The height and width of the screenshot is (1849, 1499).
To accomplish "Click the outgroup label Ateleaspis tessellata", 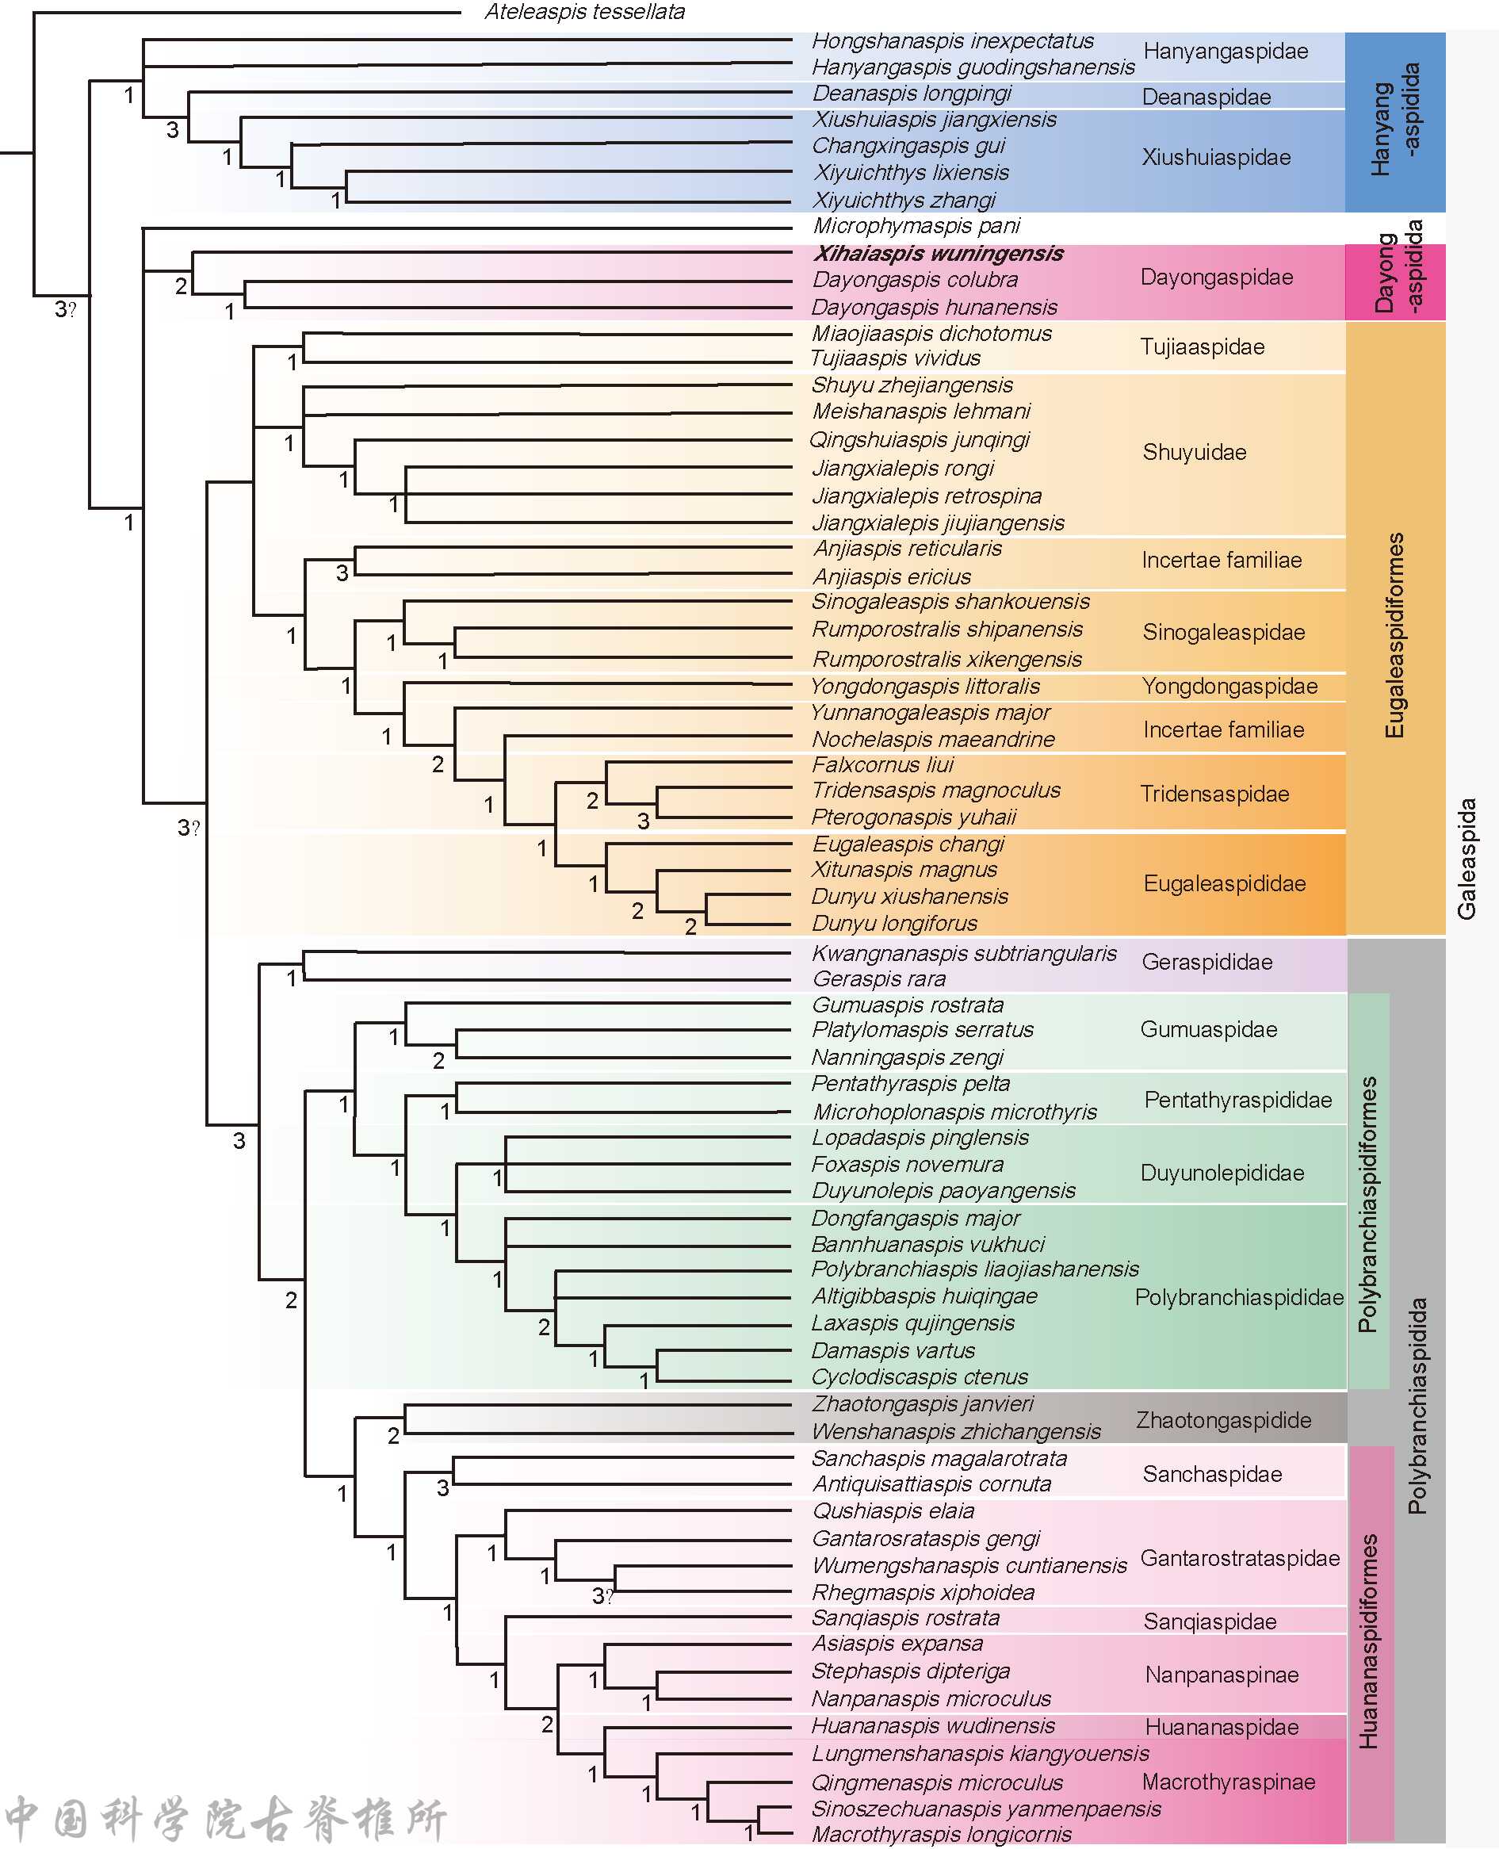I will click(x=584, y=12).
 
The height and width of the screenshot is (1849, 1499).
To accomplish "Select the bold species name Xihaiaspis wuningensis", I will click(x=938, y=254).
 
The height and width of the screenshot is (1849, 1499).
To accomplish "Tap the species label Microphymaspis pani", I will click(x=916, y=226).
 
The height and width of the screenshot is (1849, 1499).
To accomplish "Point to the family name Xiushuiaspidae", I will click(x=1216, y=157).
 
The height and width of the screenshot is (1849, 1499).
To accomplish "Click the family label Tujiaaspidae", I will click(x=1202, y=347).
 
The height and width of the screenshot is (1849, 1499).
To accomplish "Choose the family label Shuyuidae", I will click(x=1194, y=453).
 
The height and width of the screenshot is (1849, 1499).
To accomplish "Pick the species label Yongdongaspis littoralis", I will click(x=925, y=687).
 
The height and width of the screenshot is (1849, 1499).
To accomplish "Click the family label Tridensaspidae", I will click(x=1214, y=794).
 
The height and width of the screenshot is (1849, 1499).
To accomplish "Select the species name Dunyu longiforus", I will click(x=894, y=924).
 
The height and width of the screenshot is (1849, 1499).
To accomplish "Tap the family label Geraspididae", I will click(x=1206, y=962).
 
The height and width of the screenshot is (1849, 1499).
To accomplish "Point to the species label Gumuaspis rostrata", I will click(x=908, y=1005).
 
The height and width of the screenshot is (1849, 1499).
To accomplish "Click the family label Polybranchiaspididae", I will click(x=1239, y=1297).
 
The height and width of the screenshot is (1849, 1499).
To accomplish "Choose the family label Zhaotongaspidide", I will click(x=1222, y=1421).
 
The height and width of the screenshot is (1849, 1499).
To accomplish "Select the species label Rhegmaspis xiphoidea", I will click(x=923, y=1593).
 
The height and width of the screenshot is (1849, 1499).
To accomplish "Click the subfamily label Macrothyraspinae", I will click(x=1228, y=1782).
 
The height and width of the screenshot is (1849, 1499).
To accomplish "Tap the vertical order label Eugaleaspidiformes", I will click(x=1394, y=636).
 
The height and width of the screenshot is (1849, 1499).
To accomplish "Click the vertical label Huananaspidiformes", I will click(x=1369, y=1642).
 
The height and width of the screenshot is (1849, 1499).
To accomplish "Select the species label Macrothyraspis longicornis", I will click(x=941, y=1834).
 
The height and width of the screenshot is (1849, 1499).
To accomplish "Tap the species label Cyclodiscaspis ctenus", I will click(x=920, y=1377).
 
